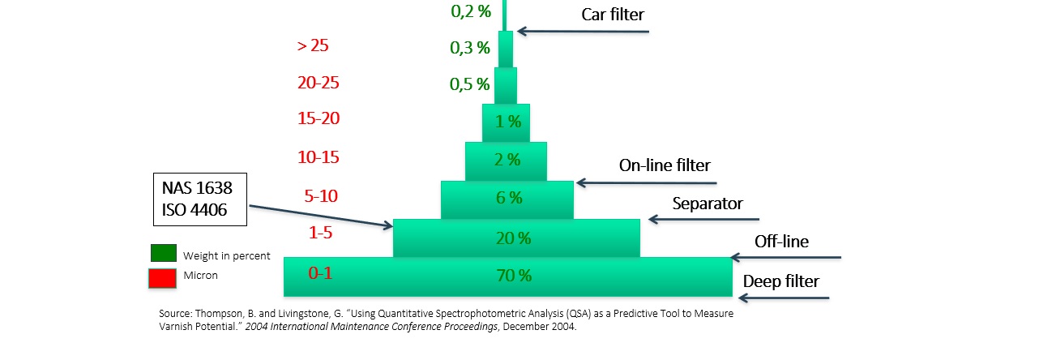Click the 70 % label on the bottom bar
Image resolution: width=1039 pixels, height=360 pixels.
click(513, 276)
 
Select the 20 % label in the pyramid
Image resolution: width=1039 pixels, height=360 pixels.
click(513, 238)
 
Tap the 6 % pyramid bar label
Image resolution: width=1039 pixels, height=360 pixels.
click(507, 197)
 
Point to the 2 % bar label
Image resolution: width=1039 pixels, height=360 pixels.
click(507, 160)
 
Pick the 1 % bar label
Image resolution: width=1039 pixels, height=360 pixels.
click(507, 122)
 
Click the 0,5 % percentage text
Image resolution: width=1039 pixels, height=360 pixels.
click(470, 84)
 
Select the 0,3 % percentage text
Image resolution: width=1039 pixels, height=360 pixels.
click(470, 48)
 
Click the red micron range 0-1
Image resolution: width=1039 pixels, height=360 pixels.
click(321, 272)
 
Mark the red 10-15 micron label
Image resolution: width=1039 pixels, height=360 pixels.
click(318, 157)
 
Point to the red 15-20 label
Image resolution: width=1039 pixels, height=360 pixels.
click(319, 118)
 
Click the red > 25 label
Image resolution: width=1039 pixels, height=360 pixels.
click(313, 45)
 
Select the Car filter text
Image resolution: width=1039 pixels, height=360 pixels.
click(613, 15)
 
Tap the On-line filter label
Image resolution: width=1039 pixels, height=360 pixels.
click(665, 165)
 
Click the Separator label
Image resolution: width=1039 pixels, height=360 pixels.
click(708, 203)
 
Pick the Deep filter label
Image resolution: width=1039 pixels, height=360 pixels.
click(781, 282)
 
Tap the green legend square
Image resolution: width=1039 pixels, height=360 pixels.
click(163, 254)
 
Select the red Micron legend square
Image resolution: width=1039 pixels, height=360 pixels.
click(163, 277)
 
